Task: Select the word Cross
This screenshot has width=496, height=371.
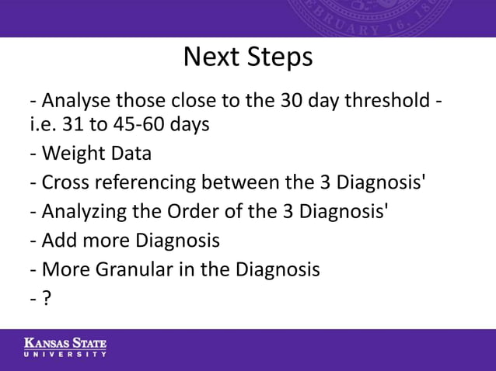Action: (x=65, y=183)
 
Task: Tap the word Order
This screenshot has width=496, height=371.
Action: (x=186, y=212)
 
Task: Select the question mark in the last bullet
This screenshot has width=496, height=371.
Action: (x=47, y=298)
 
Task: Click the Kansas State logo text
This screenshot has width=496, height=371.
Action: (x=65, y=343)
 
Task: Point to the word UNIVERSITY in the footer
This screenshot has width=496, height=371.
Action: (x=65, y=354)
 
